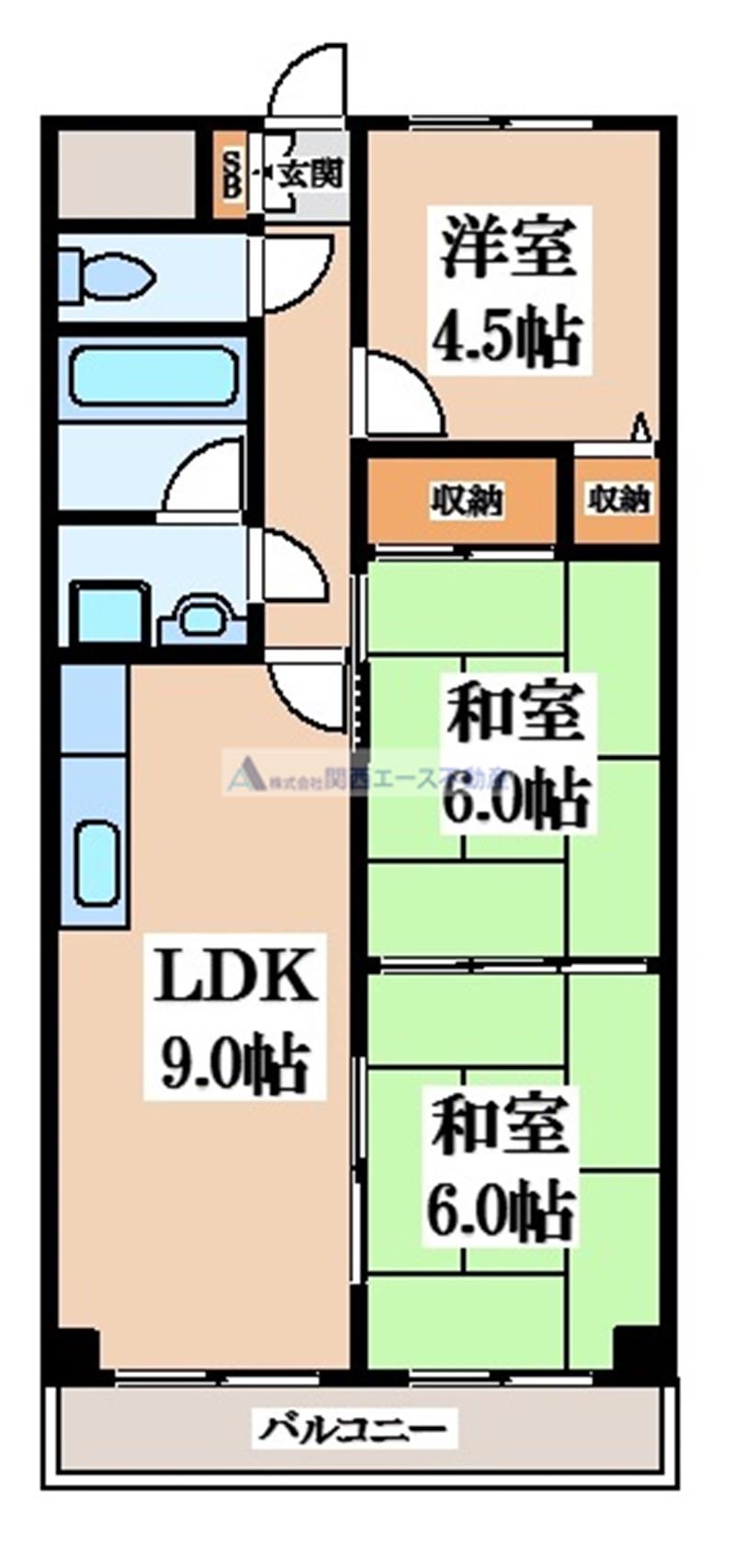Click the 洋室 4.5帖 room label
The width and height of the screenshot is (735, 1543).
pyautogui.click(x=507, y=290)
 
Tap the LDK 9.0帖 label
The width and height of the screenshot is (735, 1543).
pyautogui.click(x=235, y=1021)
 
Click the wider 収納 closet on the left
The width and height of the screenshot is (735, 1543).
pyautogui.click(x=463, y=502)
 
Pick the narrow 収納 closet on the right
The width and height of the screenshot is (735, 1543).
pyautogui.click(x=618, y=501)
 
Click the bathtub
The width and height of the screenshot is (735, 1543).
pyautogui.click(x=153, y=377)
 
